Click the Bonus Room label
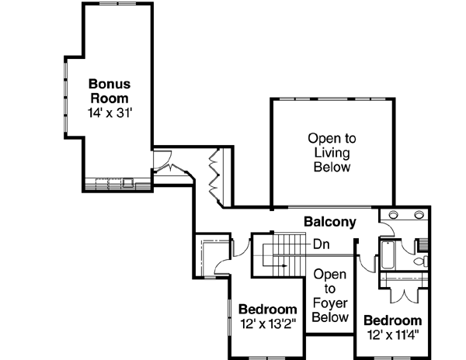110,91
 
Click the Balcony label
329,222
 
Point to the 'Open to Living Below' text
332,152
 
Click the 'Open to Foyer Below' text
330,296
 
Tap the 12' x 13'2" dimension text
267,324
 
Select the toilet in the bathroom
420,262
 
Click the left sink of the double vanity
394,215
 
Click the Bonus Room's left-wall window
66,93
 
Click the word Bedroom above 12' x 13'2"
267,310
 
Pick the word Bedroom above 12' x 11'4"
392,320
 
